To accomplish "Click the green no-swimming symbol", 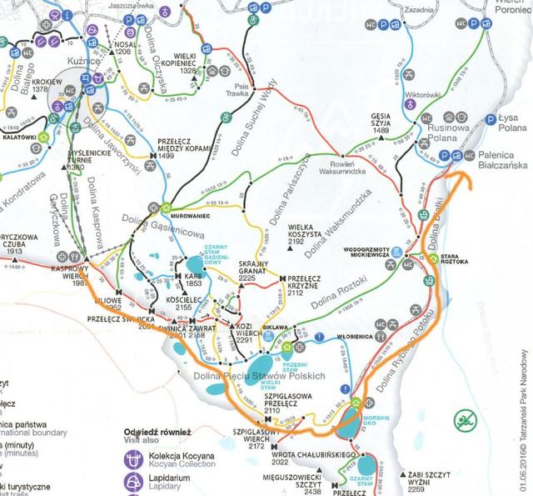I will pos(463,420).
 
